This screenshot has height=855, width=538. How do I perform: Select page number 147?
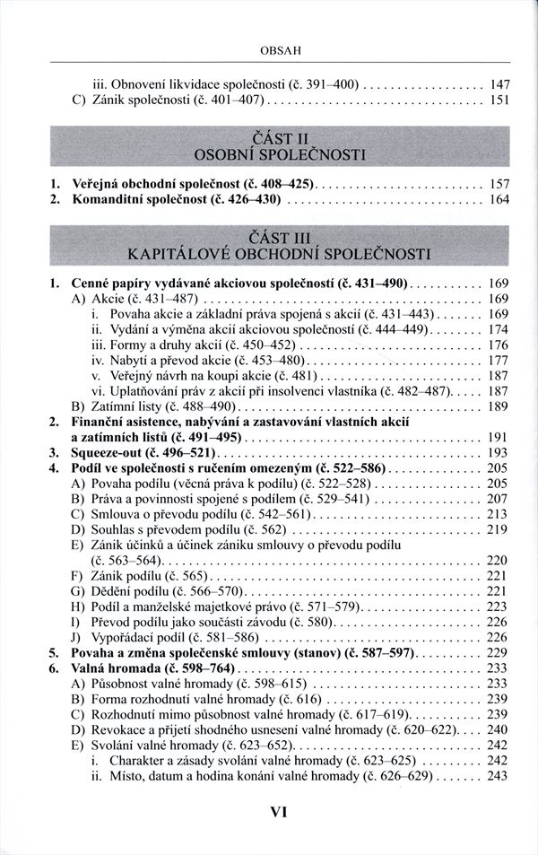(x=499, y=83)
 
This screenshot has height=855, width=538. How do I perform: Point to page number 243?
(x=499, y=775)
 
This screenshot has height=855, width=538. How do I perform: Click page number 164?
(x=499, y=198)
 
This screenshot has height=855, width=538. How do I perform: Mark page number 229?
(x=499, y=652)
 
